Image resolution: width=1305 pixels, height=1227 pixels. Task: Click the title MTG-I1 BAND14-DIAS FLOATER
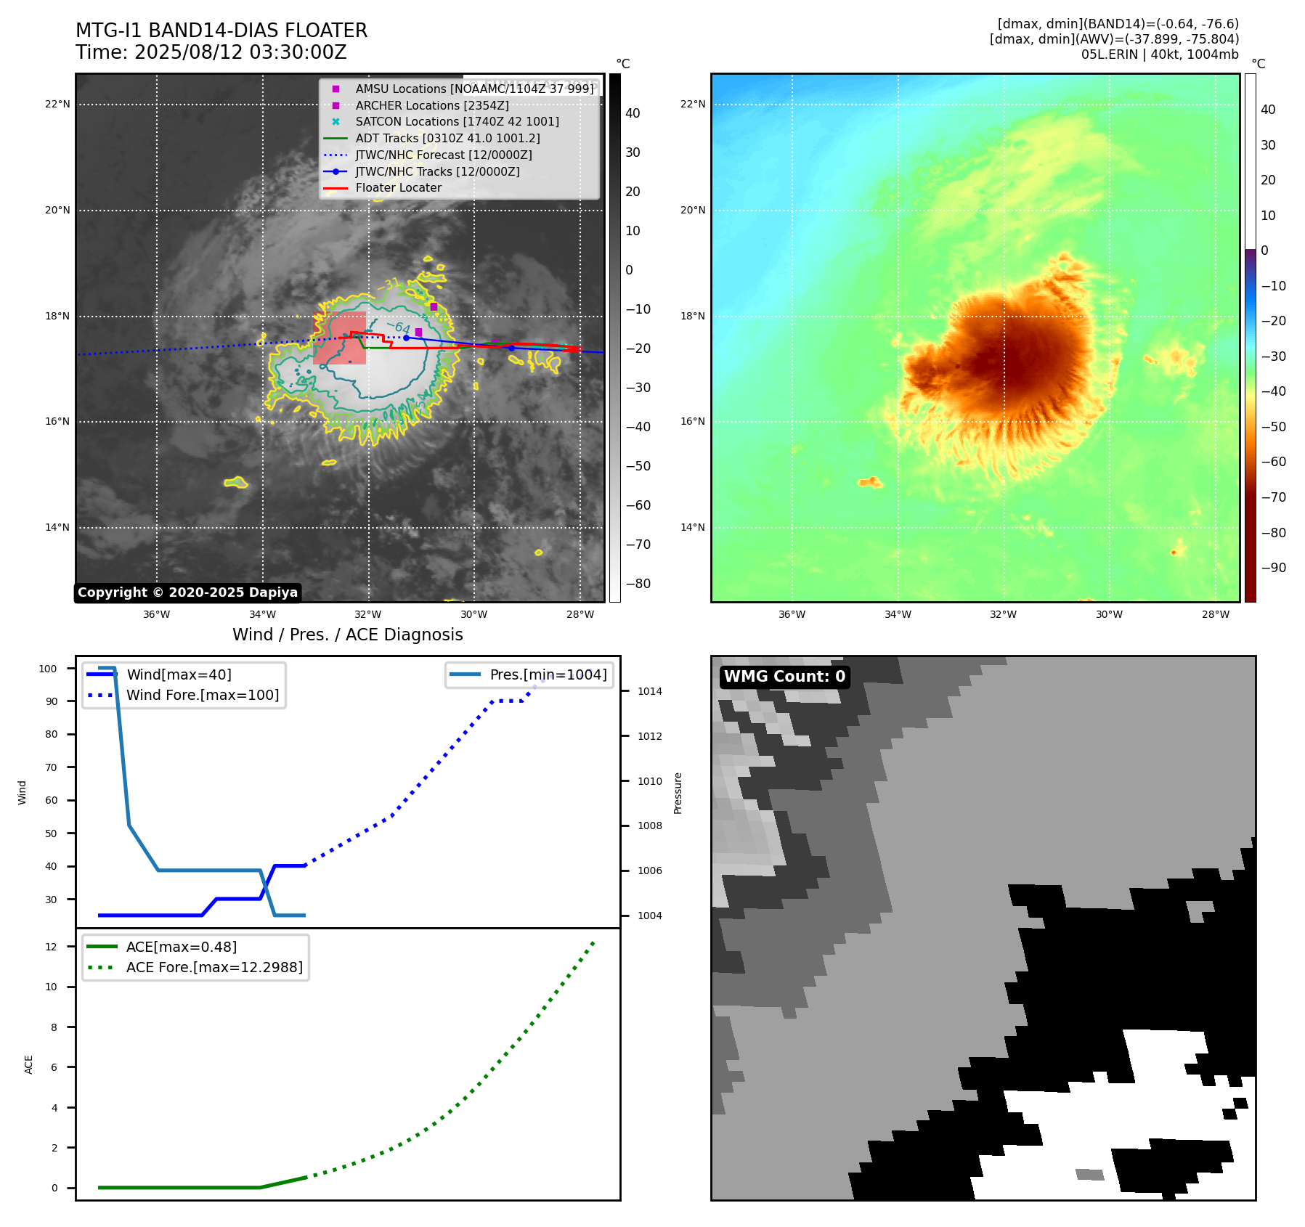(221, 30)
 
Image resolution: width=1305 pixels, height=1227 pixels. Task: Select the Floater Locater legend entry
(398, 188)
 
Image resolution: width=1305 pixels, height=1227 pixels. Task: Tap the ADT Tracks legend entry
(447, 138)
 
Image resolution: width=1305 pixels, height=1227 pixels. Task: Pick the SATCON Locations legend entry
(457, 122)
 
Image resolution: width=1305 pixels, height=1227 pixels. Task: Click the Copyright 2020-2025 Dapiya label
(187, 592)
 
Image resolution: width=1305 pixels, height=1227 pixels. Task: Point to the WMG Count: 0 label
(784, 677)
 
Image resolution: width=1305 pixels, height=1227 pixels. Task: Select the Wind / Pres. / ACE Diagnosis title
(347, 635)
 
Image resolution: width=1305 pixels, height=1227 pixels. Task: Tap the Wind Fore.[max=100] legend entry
(203, 695)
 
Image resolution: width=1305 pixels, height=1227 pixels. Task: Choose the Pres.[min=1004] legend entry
(548, 674)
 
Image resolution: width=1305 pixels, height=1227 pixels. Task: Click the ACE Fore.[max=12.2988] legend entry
(214, 967)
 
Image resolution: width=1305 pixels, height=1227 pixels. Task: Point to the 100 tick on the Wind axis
(48, 669)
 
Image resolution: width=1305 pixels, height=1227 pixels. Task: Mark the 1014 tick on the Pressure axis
(649, 691)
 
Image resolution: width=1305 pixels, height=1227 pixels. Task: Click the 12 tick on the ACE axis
(51, 947)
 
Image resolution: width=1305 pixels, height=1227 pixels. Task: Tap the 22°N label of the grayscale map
(57, 105)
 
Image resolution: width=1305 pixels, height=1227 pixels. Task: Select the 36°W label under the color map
(792, 614)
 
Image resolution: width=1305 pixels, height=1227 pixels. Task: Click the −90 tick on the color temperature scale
(1273, 568)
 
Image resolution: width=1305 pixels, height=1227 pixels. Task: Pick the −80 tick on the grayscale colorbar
(638, 584)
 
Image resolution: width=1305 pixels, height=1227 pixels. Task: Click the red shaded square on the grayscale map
(340, 338)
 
